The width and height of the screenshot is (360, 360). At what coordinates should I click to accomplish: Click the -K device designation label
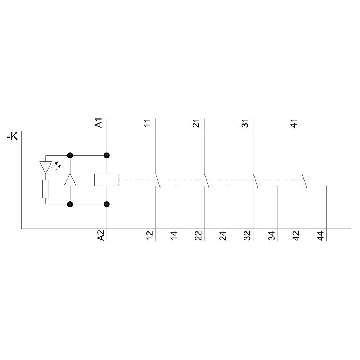12,137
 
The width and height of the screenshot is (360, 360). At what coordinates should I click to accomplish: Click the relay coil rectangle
107,180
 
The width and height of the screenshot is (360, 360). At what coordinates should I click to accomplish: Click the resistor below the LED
46,189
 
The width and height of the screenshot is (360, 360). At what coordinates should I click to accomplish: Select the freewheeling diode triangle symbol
70,180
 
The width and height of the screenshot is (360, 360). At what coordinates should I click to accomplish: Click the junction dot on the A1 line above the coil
107,156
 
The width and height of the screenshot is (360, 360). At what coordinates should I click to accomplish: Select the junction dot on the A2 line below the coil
107,204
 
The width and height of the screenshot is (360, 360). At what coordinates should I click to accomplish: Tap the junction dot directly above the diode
70,156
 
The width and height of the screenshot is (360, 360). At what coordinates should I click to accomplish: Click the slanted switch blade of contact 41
305,180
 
